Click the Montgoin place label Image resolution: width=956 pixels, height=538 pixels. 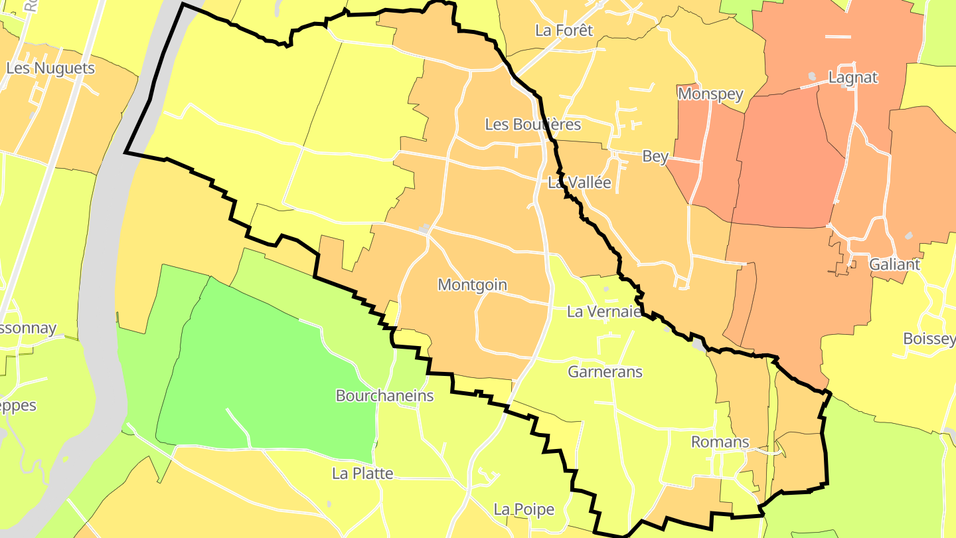coord(472,285)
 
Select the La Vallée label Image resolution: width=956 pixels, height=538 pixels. coord(579,183)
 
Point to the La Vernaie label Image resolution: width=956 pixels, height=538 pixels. coord(604,312)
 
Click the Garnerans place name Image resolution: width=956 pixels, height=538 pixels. coord(605,372)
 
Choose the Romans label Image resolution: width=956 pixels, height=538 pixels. coord(720,442)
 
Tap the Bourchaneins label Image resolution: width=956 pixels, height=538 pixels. coord(384,396)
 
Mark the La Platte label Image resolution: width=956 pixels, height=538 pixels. coord(362,474)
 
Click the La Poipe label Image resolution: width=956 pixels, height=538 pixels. coord(523,509)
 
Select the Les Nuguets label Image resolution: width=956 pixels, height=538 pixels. coord(50,68)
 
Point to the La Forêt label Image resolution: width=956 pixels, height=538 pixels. coord(564,30)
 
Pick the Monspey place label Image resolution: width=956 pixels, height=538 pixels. coord(710,94)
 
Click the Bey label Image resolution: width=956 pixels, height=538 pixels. coord(655,156)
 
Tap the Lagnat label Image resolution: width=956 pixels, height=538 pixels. coord(853,77)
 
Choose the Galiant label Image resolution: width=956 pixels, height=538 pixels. coord(894,264)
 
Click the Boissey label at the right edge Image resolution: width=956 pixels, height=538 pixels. coord(929,339)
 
